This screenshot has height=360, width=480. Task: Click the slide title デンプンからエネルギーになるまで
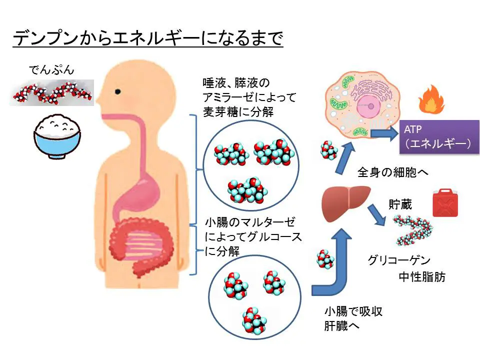pos(147,39)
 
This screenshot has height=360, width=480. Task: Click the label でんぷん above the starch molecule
pos(51,69)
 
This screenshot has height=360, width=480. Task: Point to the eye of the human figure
pos(118,92)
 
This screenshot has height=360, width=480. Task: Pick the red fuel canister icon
pos(445,203)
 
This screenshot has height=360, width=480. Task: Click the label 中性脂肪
pos(421,277)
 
